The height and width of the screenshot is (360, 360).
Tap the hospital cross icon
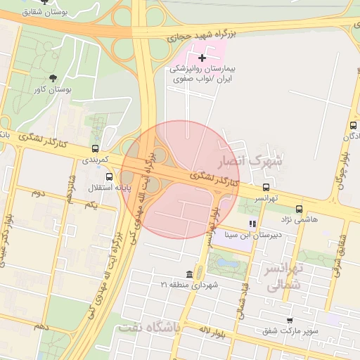pos(202,57)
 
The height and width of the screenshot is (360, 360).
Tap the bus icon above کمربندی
pos(95,148)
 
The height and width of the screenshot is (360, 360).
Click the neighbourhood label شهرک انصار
pos(250,161)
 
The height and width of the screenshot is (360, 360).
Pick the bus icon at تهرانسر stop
pos(266,187)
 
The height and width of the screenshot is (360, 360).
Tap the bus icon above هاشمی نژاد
pos(300,209)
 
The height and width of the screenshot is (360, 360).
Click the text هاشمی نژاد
pos(300,219)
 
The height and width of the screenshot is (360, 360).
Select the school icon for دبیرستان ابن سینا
pos(252,224)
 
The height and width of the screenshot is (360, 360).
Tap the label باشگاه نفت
pos(149,328)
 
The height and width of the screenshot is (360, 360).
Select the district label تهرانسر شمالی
pos(283,276)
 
